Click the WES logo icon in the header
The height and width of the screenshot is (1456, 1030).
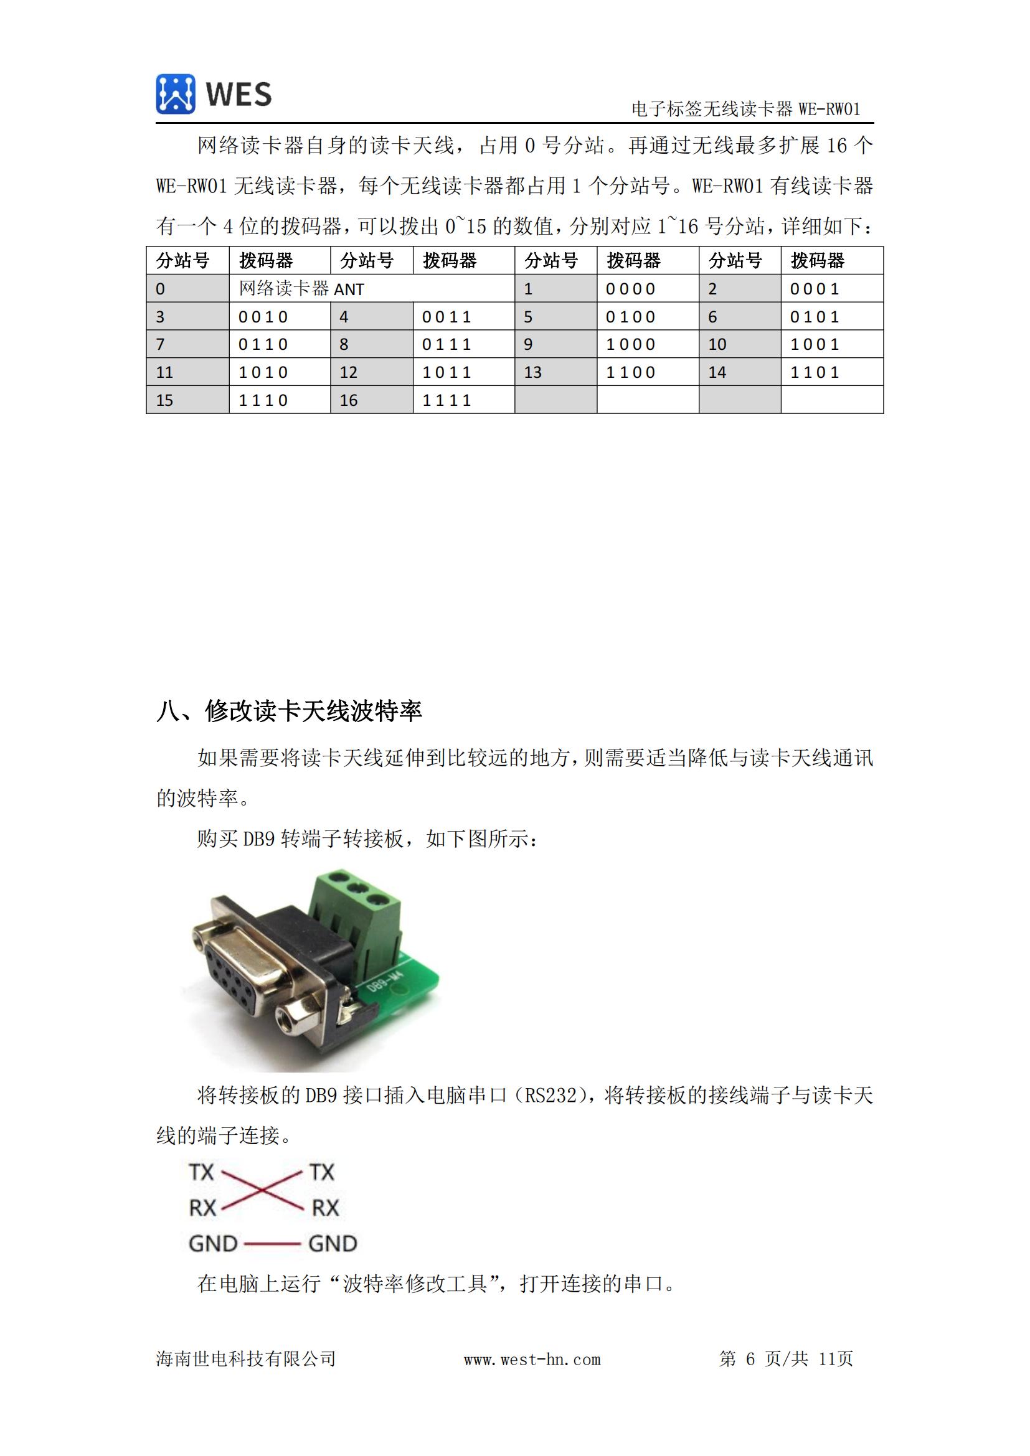pos(175,94)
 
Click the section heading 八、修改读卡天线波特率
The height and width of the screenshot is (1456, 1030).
pos(289,711)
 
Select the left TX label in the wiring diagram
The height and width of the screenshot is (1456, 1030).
pos(202,1172)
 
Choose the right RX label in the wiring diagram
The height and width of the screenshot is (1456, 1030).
pos(325,1208)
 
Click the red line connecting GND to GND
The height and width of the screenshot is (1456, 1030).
pos(272,1244)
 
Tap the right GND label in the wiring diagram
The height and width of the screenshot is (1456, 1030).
pos(333,1244)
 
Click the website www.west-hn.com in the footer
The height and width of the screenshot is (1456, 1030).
pos(532,1359)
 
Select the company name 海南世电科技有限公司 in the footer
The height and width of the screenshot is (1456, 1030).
pos(246,1358)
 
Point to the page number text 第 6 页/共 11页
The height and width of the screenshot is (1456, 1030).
pos(786,1358)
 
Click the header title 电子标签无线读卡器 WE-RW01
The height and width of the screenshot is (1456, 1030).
pos(745,109)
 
